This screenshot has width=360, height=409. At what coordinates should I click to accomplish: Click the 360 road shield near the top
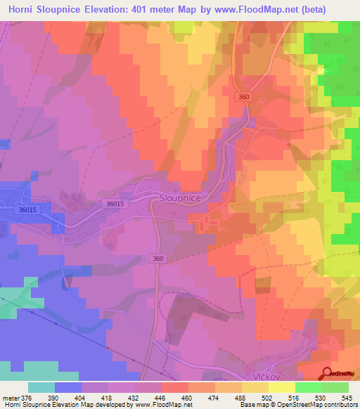click(x=244, y=97)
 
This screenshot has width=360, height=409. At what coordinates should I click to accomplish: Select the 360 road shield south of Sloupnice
click(x=159, y=259)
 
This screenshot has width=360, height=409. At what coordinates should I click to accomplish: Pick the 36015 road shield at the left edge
click(x=28, y=209)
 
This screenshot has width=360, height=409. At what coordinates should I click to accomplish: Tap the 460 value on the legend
click(x=187, y=398)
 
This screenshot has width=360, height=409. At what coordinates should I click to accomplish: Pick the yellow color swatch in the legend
click(x=282, y=387)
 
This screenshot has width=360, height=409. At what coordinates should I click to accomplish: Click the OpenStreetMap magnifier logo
click(x=327, y=373)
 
